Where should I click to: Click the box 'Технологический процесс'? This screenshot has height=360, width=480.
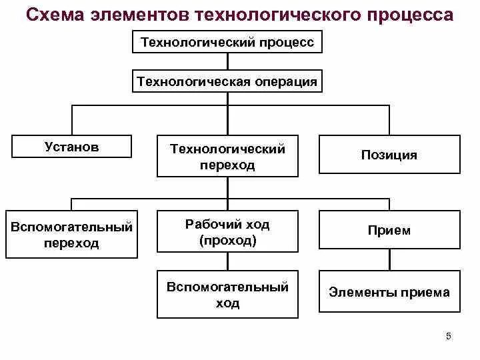coord(228,43)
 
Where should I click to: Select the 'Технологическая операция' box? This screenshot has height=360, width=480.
coord(228,81)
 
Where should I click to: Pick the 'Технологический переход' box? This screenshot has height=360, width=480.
coord(228,157)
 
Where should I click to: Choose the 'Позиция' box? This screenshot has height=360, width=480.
coord(389,155)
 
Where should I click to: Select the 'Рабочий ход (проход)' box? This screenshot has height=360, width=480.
coord(228,232)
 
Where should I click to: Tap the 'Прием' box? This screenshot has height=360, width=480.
coord(389,231)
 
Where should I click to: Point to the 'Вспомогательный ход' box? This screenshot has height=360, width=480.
coord(228,295)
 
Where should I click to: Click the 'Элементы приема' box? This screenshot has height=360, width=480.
coord(389,292)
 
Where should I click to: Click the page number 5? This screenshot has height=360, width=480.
coord(448,336)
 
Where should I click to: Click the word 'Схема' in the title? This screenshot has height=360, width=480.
coord(55,15)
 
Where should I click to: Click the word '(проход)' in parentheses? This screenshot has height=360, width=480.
coord(228,241)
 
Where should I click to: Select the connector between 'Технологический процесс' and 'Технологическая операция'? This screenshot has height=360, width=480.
coord(228,62)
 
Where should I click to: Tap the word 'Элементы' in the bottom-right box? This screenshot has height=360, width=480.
coord(357,292)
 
